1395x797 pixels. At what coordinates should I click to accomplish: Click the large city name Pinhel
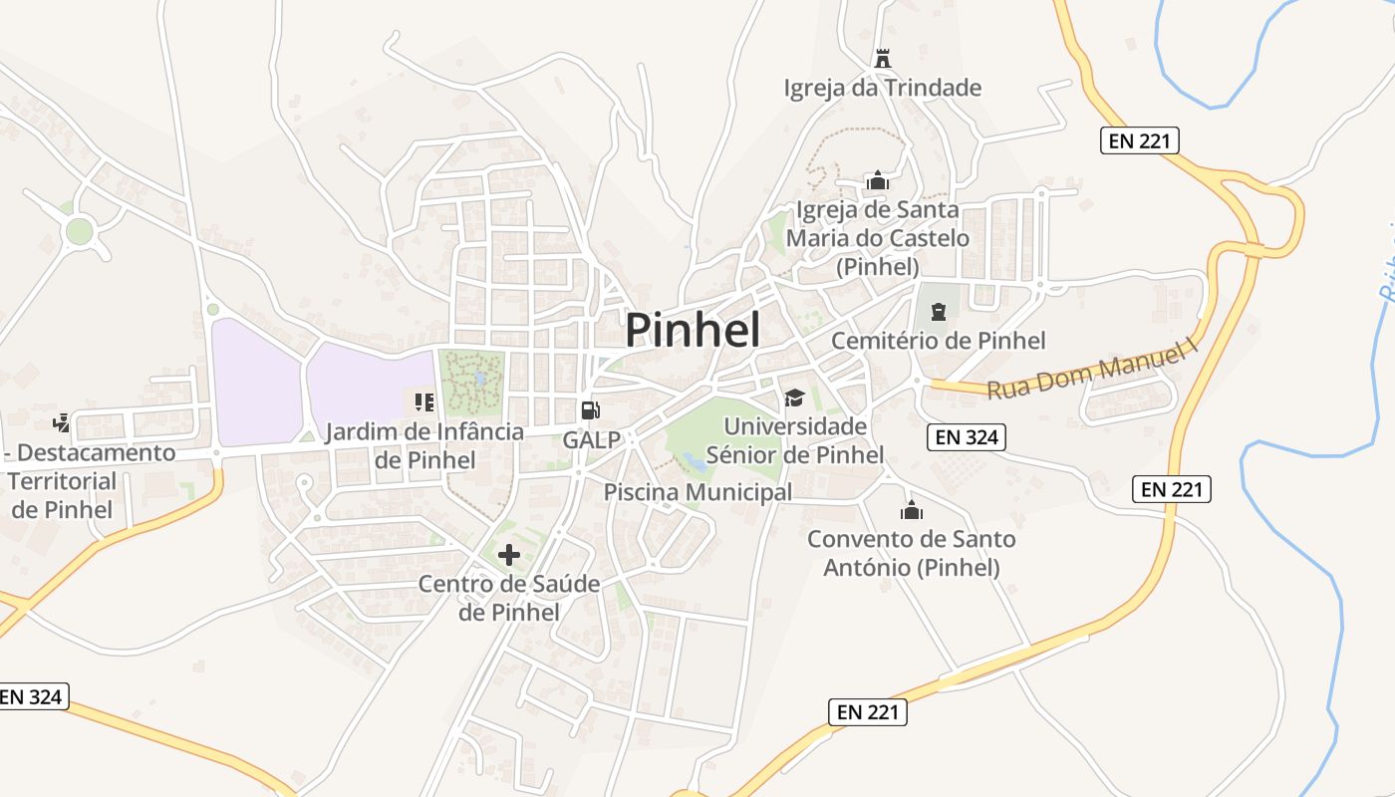(x=693, y=330)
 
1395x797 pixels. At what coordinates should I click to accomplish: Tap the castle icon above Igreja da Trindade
(x=882, y=59)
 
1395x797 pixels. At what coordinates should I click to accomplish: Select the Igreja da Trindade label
(x=883, y=88)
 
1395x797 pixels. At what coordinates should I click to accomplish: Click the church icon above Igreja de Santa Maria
(x=878, y=180)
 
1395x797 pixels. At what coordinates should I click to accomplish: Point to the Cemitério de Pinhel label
(x=939, y=341)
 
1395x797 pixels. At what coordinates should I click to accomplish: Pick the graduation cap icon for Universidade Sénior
(x=794, y=398)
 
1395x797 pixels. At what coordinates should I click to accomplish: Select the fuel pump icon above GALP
(x=591, y=410)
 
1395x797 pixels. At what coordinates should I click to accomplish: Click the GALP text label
(x=592, y=439)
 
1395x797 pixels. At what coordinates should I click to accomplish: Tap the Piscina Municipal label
(x=697, y=492)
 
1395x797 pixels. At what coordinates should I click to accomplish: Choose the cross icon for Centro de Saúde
(x=509, y=555)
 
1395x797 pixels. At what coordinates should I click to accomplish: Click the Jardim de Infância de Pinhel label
(x=424, y=446)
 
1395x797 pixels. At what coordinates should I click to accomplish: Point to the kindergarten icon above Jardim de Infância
(x=424, y=402)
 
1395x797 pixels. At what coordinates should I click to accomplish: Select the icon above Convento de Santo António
(x=911, y=511)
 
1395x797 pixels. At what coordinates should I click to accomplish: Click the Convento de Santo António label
(x=912, y=553)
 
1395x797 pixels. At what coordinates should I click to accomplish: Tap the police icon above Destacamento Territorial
(x=63, y=422)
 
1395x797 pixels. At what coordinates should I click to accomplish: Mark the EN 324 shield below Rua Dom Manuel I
(x=966, y=436)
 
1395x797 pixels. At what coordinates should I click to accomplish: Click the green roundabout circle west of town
(x=79, y=232)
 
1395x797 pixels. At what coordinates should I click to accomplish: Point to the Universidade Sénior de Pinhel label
(x=795, y=440)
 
